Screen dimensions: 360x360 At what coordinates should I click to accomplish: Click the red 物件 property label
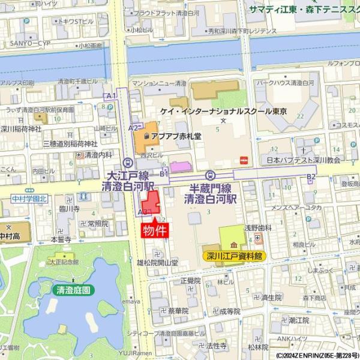[x=155, y=230]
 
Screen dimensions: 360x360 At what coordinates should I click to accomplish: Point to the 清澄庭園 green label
[x=74, y=290]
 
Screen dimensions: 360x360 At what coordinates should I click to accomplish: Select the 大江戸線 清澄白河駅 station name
[x=128, y=181]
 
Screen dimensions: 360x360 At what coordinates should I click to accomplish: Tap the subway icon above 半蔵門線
[x=210, y=175]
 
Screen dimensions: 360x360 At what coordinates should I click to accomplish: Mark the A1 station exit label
[x=110, y=95]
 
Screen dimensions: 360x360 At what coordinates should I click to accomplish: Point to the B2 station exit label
[x=311, y=176]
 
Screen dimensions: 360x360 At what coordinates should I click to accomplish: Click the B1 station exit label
[x=164, y=173]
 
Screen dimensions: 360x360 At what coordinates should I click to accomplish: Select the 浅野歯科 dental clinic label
[x=258, y=228]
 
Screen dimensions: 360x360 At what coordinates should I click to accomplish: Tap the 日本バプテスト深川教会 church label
[x=304, y=160]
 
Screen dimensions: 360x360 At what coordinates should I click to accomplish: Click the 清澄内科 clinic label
[x=98, y=155]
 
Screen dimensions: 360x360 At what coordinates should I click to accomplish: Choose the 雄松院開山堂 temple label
[x=157, y=262]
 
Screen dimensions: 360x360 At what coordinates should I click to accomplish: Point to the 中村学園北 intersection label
[x=29, y=197]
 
